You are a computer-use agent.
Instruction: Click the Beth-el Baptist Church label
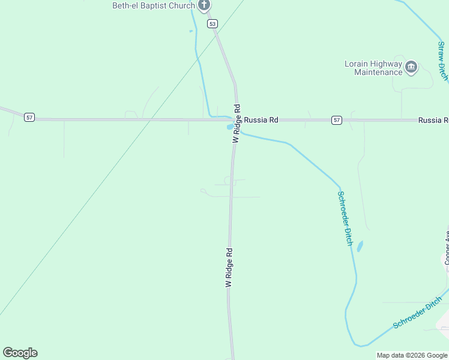click(x=154, y=6)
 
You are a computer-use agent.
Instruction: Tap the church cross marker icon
click(x=204, y=5)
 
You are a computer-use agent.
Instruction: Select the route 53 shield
click(x=212, y=23)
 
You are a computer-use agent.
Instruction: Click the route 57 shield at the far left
click(x=29, y=117)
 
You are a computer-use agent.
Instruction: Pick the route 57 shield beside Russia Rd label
click(x=337, y=121)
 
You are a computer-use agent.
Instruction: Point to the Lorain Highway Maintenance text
click(x=373, y=68)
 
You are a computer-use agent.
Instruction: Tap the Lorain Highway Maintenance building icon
click(x=411, y=67)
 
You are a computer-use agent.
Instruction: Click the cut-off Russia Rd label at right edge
click(x=433, y=121)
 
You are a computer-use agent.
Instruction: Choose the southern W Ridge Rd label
click(x=229, y=267)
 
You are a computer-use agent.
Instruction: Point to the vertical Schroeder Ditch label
click(x=345, y=218)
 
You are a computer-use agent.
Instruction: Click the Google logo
click(x=20, y=353)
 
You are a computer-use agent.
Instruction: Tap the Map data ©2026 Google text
click(x=412, y=355)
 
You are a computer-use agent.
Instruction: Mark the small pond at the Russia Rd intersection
click(x=230, y=127)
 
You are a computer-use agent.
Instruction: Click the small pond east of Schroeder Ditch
click(x=360, y=246)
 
